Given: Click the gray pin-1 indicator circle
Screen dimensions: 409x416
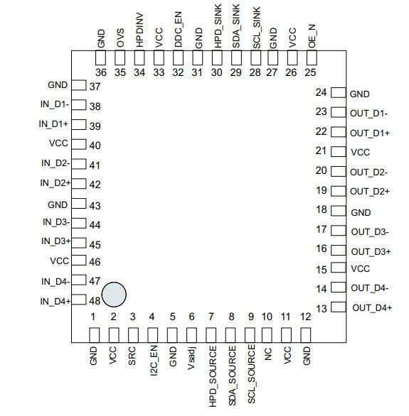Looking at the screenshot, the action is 114,295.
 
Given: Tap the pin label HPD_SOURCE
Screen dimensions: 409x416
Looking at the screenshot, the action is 213,376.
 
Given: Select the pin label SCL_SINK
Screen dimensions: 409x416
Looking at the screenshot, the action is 256,28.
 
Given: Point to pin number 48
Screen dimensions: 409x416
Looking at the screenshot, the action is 95,301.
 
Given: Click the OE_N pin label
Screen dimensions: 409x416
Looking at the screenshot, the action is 312,36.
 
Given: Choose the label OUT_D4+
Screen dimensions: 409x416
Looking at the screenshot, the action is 372,308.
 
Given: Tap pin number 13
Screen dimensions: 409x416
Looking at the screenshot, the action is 322,309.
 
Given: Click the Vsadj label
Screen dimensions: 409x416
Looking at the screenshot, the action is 191,358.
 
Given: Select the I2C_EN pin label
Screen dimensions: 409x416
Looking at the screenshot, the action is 154,361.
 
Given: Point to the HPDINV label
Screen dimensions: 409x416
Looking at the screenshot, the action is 139,31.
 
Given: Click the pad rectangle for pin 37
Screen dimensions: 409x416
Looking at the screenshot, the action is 79,85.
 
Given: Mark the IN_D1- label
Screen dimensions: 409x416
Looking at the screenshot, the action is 55,104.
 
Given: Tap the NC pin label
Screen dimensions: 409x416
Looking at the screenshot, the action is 268,354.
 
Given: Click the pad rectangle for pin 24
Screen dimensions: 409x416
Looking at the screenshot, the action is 339,92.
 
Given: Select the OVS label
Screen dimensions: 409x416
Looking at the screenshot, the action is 120,38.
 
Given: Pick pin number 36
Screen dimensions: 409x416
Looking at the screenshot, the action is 101,72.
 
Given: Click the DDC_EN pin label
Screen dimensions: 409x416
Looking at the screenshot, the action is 178,29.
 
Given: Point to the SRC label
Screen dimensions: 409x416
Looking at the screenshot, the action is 132,356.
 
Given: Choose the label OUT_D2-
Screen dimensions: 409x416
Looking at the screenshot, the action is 369,173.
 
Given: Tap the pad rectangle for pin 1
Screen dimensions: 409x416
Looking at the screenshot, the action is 95,335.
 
